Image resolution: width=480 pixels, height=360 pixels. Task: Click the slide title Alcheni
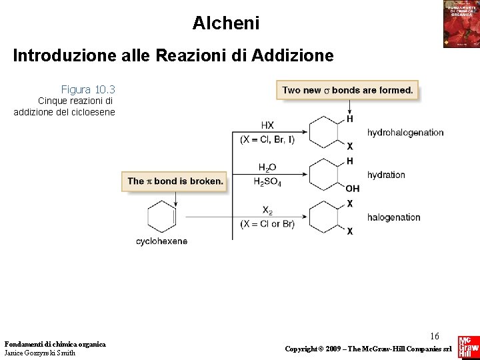tap(226, 23)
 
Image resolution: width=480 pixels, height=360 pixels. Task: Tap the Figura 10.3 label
tap(88, 89)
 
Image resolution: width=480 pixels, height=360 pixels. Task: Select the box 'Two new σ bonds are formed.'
tap(347, 90)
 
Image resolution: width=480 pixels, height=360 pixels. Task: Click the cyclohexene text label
tap(161, 241)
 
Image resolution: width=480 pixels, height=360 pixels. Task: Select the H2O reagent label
tap(267, 167)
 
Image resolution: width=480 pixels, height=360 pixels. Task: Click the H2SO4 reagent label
tap(267, 182)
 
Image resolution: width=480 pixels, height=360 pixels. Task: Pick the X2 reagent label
tap(267, 210)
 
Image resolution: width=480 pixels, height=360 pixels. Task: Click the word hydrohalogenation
tap(405, 133)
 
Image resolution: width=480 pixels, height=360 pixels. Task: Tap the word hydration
tap(386, 175)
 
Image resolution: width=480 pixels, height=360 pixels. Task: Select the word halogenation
tap(393, 217)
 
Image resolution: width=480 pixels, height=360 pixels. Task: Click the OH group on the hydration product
tap(353, 189)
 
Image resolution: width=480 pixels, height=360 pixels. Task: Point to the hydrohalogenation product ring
tap(327, 132)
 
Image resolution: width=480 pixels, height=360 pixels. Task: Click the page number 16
tap(435, 336)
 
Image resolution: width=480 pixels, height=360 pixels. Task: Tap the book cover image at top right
tap(461, 23)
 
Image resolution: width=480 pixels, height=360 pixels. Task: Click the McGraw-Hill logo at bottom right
tap(467, 347)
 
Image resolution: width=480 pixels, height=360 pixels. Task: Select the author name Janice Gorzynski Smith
tap(39, 353)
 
